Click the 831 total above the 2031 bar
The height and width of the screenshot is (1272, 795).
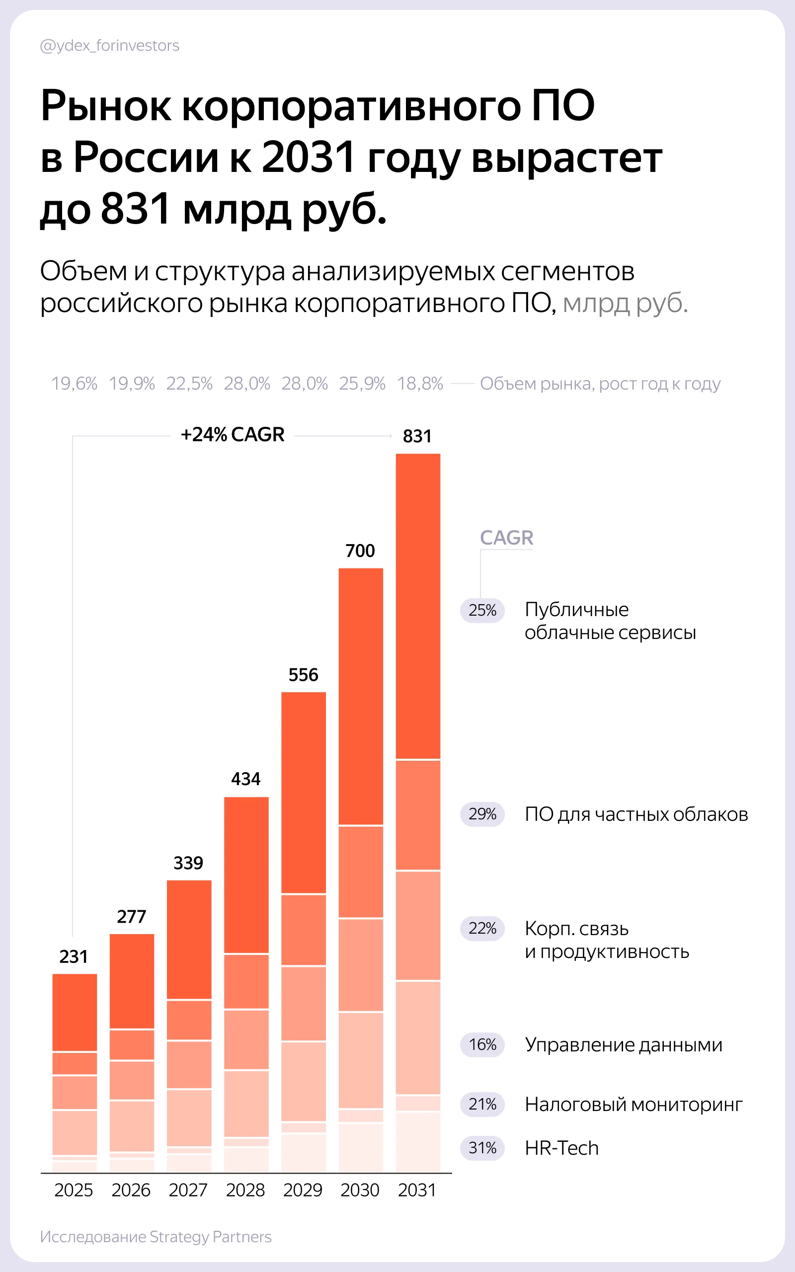pyautogui.click(x=417, y=436)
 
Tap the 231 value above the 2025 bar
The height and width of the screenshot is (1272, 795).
pyautogui.click(x=74, y=956)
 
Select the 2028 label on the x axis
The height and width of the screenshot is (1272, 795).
pyautogui.click(x=245, y=1190)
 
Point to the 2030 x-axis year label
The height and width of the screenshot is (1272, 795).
pyautogui.click(x=360, y=1190)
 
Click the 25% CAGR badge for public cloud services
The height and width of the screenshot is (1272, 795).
pyautogui.click(x=482, y=610)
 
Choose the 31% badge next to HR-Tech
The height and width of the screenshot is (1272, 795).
pyautogui.click(x=482, y=1148)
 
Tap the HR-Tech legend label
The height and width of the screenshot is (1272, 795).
pyautogui.click(x=561, y=1148)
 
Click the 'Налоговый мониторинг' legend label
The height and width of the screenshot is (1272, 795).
pyautogui.click(x=634, y=1105)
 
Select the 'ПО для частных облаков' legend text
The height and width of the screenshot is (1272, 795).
pyautogui.click(x=636, y=814)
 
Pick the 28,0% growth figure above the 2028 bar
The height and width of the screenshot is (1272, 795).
pyautogui.click(x=246, y=384)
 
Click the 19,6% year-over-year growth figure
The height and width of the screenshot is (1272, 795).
pyautogui.click(x=74, y=384)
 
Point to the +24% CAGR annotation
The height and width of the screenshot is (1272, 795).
pyautogui.click(x=233, y=435)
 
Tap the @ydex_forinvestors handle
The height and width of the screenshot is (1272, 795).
pyautogui.click(x=109, y=46)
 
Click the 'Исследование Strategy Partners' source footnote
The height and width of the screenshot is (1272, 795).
pyautogui.click(x=156, y=1237)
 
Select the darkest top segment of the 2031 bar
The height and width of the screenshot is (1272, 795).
pyautogui.click(x=418, y=607)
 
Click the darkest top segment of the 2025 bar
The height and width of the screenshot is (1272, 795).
pyautogui.click(x=75, y=1013)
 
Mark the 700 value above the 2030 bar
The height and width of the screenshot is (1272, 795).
pyautogui.click(x=360, y=551)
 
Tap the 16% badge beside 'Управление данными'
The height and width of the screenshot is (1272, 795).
pyautogui.click(x=482, y=1044)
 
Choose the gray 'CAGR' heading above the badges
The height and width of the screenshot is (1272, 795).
pyautogui.click(x=506, y=538)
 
